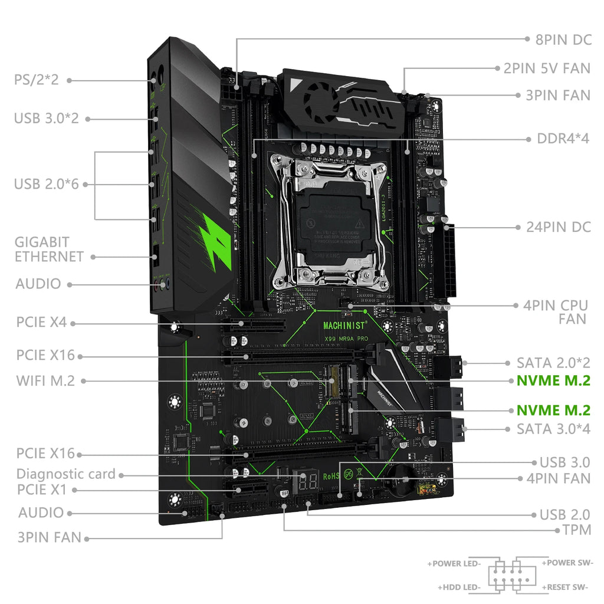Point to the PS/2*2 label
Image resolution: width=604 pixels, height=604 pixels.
click(37, 80)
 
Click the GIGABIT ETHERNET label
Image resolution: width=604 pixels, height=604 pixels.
click(49, 249)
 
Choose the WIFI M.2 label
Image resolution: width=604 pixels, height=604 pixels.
click(46, 380)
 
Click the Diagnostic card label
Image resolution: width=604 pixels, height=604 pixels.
click(66, 474)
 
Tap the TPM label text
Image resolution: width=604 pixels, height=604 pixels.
click(577, 530)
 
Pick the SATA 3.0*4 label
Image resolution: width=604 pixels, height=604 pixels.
click(553, 428)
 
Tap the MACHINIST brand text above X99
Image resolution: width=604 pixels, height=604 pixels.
click(345, 324)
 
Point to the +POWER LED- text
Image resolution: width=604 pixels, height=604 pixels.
click(454, 563)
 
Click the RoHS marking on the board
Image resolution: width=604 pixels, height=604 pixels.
click(330, 477)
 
